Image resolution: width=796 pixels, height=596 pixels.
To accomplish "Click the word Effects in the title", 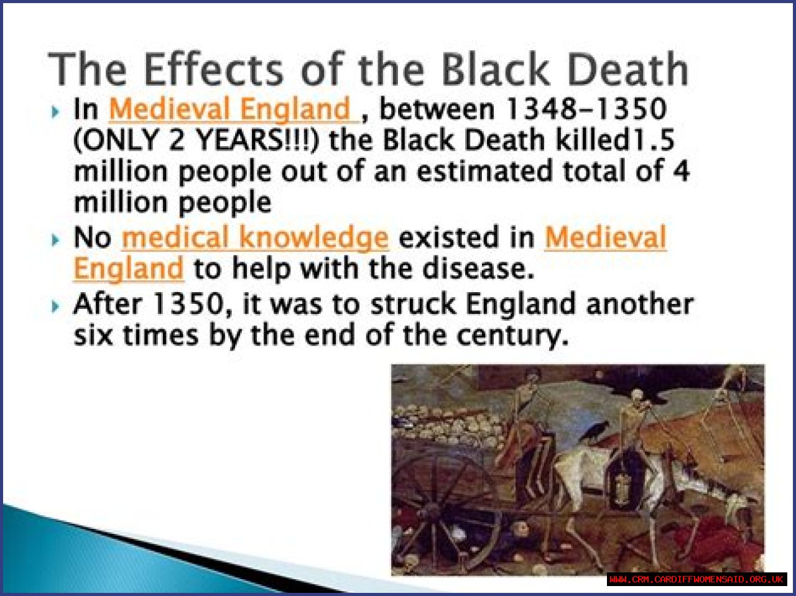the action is [213, 69].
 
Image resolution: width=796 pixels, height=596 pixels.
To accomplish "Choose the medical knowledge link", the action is [255, 238].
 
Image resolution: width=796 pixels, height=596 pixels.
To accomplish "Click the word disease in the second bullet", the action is [478, 268].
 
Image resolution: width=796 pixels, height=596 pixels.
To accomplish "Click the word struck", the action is [413, 304].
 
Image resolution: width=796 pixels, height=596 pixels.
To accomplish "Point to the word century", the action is [512, 336].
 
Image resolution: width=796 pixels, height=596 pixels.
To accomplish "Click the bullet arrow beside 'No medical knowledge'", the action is [55, 240].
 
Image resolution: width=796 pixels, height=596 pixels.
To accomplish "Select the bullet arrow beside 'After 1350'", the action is [55, 306].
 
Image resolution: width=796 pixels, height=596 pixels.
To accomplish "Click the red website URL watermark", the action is [696, 579].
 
